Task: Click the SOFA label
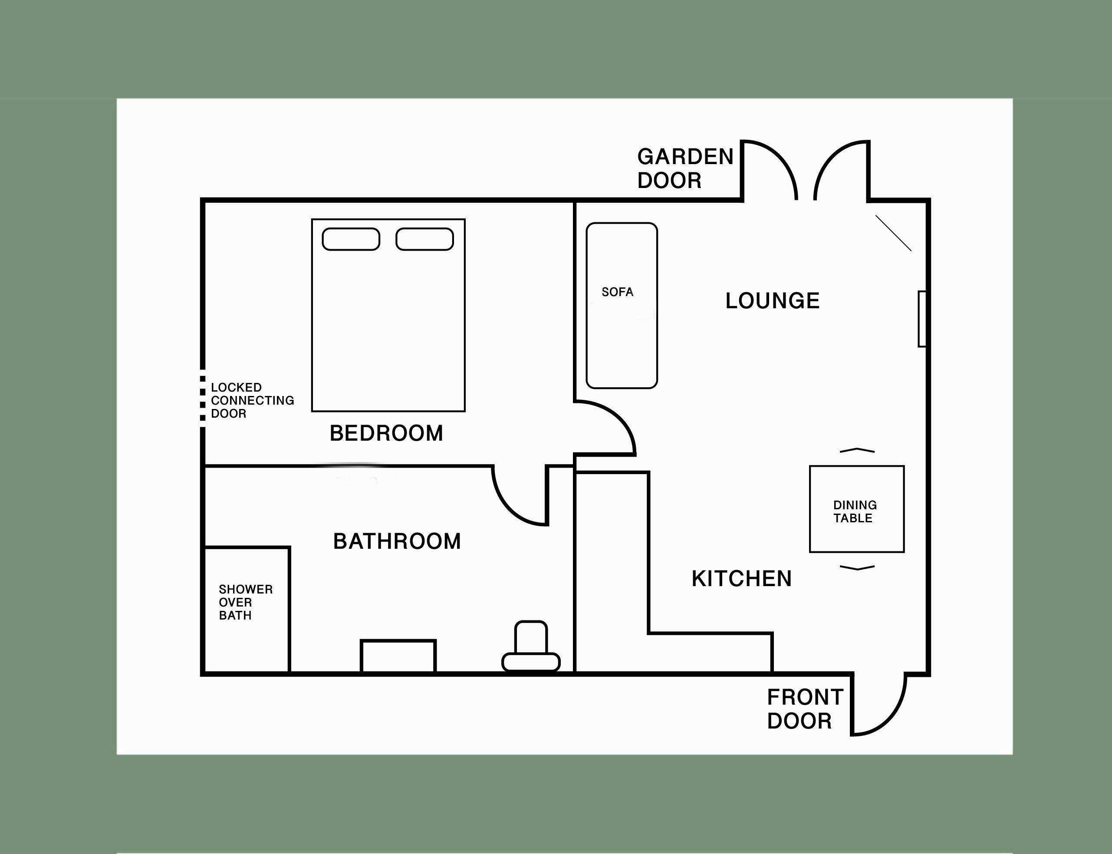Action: pos(617,292)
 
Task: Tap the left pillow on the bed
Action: pos(351,239)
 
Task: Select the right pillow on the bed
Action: pos(424,239)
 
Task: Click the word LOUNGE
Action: pos(772,301)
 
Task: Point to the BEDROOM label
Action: pos(386,434)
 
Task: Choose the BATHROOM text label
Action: pos(397,541)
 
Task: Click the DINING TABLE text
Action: pos(855,511)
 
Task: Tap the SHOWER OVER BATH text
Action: pos(246,602)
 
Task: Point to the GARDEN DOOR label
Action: pos(685,169)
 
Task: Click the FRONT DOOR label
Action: pos(805,709)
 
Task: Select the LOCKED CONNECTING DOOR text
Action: pos(252,401)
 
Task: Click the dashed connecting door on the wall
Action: pos(203,399)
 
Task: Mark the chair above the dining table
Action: pos(857,450)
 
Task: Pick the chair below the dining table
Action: pos(857,567)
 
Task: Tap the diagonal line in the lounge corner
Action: pos(893,233)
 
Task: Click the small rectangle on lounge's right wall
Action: pos(922,319)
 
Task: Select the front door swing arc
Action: pos(889,719)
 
